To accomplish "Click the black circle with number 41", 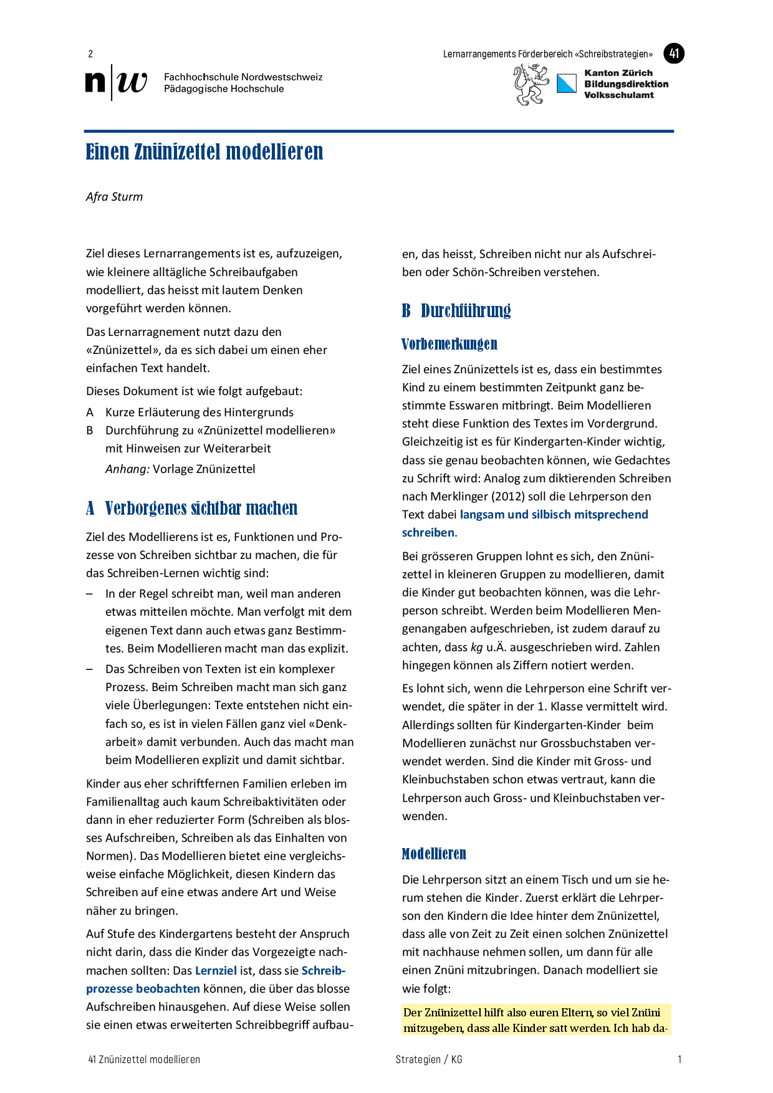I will (674, 54).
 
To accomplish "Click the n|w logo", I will (117, 82).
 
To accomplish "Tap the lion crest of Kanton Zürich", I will (530, 85).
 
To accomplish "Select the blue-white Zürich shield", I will (567, 84).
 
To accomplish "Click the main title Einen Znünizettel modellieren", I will (204, 152).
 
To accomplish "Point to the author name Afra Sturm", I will (115, 197).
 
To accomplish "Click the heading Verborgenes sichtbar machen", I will (201, 508).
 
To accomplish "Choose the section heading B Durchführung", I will (456, 310).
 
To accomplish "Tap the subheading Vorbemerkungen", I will (449, 344).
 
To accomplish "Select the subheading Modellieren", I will (434, 854).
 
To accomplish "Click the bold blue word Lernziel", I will (216, 970).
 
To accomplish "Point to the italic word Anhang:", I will (127, 469).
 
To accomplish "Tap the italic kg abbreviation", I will (476, 647).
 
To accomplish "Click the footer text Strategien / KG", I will (429, 1059).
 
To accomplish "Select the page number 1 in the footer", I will (679, 1059).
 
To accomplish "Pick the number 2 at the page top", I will (90, 54).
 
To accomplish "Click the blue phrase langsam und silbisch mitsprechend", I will (554, 515).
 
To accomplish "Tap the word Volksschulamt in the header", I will (618, 95).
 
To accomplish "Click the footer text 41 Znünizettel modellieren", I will (144, 1059).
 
